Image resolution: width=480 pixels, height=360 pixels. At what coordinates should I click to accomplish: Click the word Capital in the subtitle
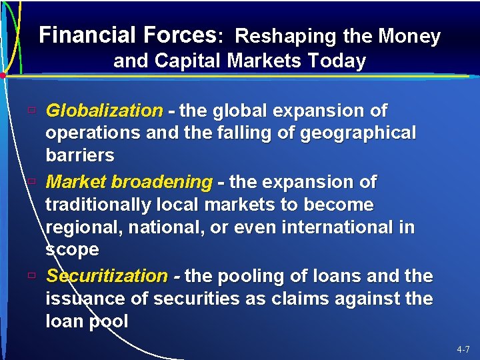(x=189, y=61)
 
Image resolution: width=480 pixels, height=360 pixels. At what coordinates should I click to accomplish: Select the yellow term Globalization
(x=104, y=110)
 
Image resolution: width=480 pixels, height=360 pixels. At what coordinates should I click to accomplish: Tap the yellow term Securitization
(x=107, y=276)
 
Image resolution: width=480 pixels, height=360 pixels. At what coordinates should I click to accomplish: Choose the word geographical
(x=358, y=133)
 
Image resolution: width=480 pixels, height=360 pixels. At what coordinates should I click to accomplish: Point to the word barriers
(x=80, y=156)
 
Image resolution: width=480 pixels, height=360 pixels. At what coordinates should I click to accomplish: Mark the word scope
(x=72, y=250)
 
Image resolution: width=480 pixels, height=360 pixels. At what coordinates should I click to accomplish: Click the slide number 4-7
(x=463, y=349)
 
